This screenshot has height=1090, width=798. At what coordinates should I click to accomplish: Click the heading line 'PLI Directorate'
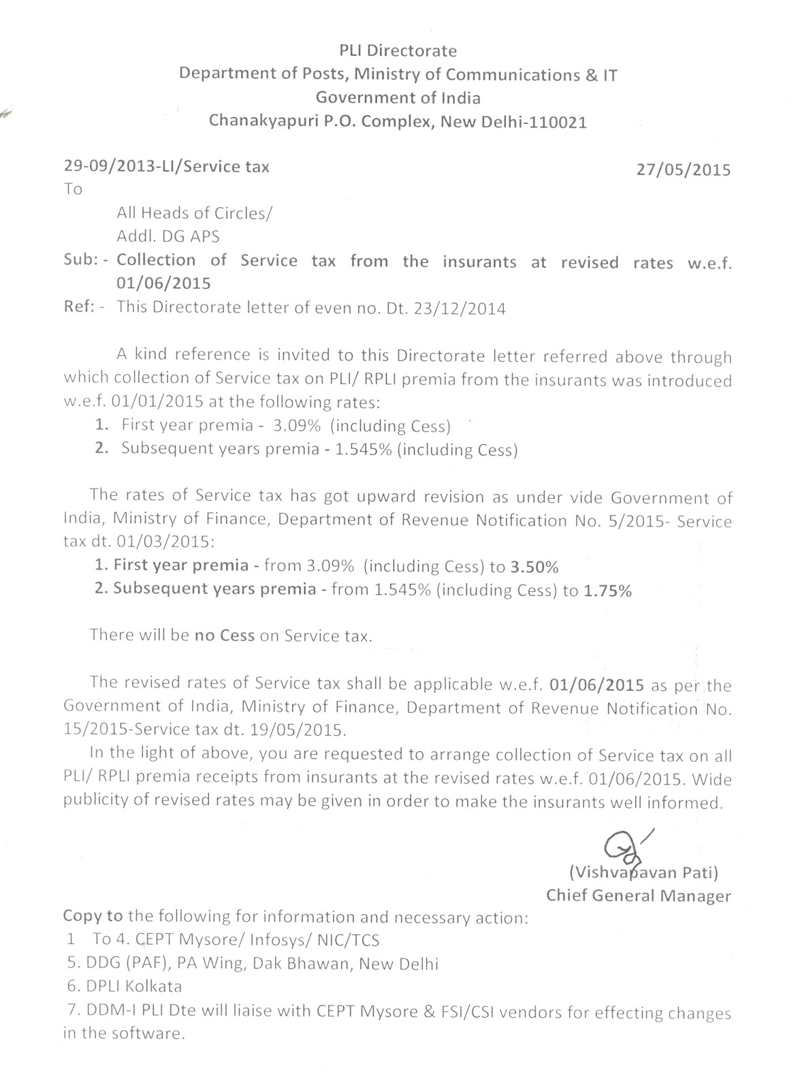398,50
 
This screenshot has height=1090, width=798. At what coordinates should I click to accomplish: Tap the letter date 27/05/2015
683,170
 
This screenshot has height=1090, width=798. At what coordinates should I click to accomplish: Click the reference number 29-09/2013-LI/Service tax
166,167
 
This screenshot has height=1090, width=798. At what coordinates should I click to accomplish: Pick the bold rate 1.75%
607,591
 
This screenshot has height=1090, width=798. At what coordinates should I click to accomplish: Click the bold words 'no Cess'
224,636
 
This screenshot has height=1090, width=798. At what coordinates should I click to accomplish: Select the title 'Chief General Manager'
638,896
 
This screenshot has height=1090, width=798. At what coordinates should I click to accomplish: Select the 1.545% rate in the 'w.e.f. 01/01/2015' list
364,450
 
